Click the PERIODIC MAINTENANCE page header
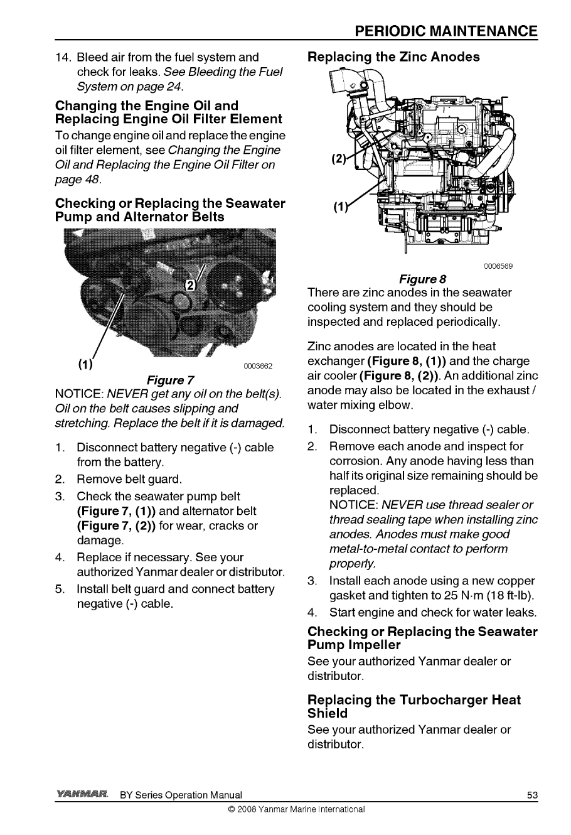[445, 31]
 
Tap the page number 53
[532, 795]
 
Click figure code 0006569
[499, 266]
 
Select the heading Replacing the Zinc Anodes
[393, 57]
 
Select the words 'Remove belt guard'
[129, 480]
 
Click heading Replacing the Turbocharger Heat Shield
[414, 706]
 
